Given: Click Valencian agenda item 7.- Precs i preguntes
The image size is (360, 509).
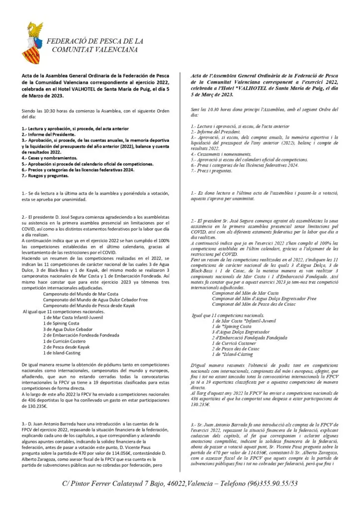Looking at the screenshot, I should (211, 170).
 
